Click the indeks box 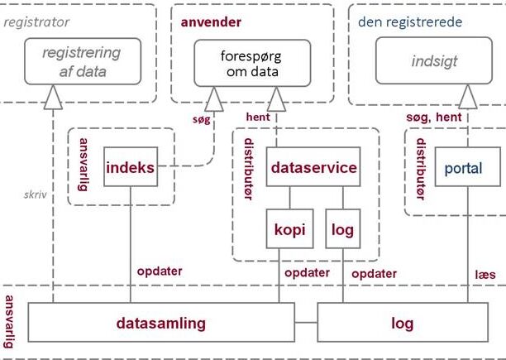(x=131, y=166)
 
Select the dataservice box (x=313, y=166)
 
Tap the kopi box (x=289, y=229)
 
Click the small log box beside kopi (x=343, y=229)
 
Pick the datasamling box (x=161, y=322)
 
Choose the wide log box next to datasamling (x=403, y=322)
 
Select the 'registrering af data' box (x=83, y=61)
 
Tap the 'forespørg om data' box (x=252, y=63)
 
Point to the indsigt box (x=434, y=60)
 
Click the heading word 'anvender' (x=211, y=22)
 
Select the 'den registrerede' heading (x=410, y=22)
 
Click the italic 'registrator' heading (x=36, y=22)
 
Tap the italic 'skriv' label (x=36, y=194)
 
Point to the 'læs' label (x=485, y=275)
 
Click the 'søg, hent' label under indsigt (x=434, y=118)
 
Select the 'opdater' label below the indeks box (x=160, y=271)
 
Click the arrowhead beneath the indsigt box (x=468, y=97)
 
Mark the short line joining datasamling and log (x=306, y=322)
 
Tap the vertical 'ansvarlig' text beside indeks (x=83, y=165)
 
